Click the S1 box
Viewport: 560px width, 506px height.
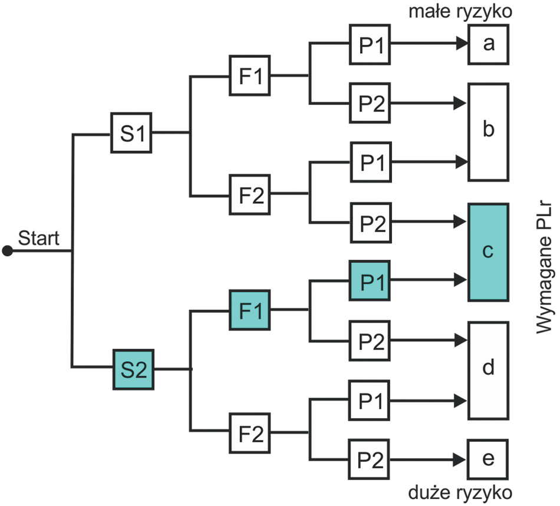132,133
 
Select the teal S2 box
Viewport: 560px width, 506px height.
133,369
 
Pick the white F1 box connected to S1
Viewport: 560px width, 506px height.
249,75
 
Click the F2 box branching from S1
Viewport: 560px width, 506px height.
251,194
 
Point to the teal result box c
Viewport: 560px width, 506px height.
488,252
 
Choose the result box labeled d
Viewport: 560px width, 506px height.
487,369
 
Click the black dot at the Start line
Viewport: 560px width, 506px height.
7,252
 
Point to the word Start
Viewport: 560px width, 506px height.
39,239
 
